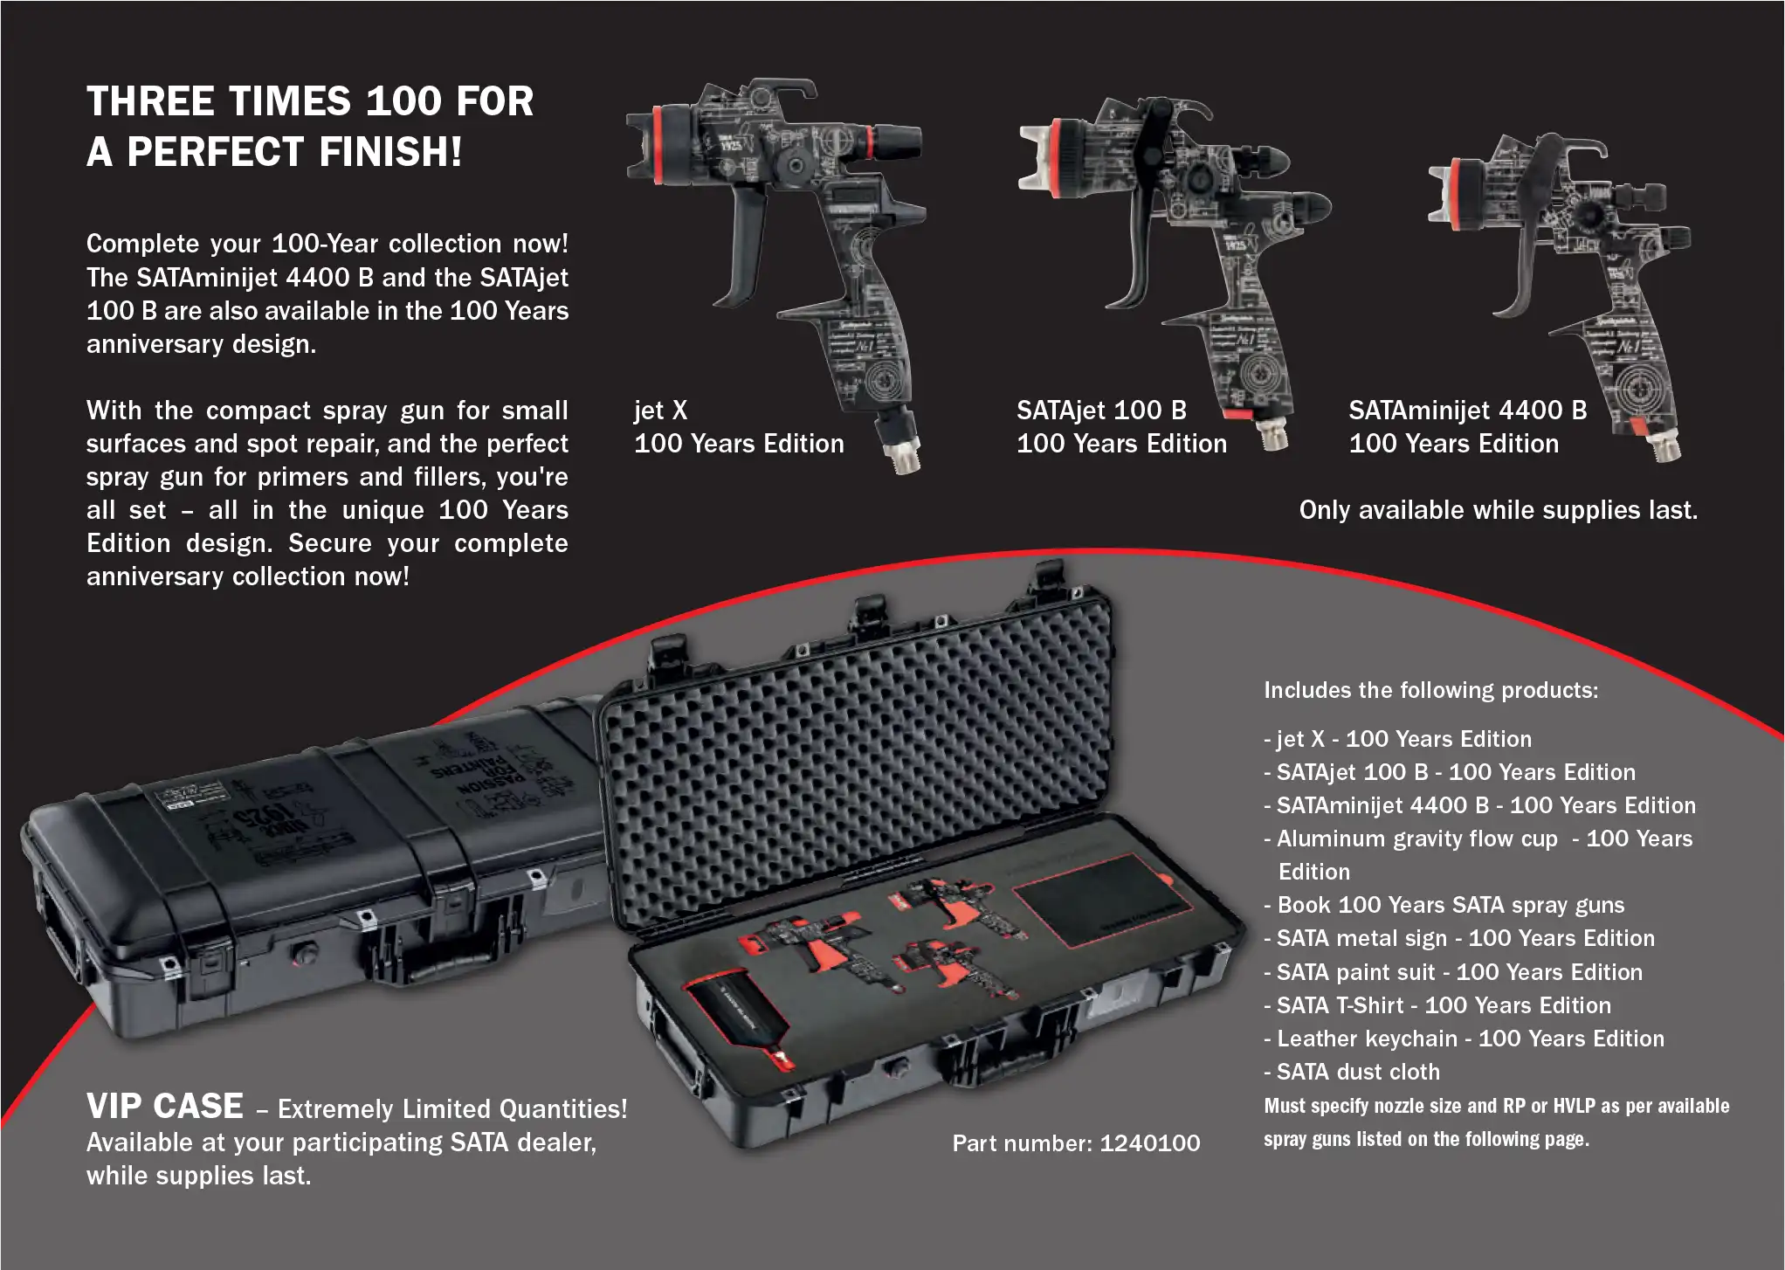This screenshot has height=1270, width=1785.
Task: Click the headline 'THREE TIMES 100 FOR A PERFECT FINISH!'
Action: point(309,126)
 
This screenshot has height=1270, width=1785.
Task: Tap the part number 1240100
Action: point(1076,1142)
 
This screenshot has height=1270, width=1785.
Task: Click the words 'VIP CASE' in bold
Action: point(164,1107)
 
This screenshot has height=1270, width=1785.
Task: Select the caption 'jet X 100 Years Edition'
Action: point(738,427)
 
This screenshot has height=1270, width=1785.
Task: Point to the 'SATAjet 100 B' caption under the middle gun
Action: point(1101,411)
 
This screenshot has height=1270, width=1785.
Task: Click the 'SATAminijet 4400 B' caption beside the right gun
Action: point(1467,411)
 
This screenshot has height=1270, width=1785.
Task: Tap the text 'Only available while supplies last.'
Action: point(1498,510)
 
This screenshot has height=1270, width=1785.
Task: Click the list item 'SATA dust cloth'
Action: point(1357,1072)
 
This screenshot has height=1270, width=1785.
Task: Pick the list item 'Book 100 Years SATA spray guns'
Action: point(1450,905)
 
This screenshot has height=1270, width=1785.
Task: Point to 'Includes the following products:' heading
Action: point(1430,690)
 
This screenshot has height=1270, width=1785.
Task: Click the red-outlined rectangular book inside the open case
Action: point(1102,900)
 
